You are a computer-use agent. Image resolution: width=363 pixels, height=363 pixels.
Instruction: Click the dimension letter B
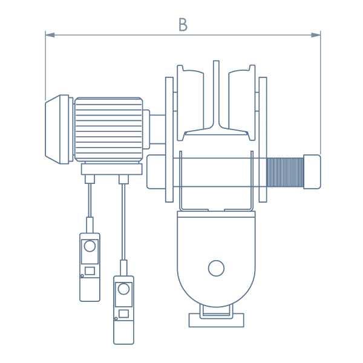pos(183,25)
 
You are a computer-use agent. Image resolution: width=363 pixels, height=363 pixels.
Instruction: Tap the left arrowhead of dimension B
pos(50,35)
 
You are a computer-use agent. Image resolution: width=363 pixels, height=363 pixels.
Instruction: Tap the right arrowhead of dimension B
pos(316,35)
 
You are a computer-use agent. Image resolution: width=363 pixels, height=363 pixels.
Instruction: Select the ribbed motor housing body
pos(108,129)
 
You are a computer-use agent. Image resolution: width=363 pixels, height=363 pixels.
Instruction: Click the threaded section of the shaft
pos(285,172)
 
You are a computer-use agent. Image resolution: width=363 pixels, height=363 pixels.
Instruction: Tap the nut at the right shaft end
pos(312,172)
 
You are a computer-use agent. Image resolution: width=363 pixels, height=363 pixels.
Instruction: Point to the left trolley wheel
pos(191,103)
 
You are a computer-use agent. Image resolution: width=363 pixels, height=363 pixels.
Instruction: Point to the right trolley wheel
pos(242,103)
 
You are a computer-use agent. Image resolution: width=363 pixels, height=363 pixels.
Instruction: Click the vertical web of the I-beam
pos(216,93)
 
